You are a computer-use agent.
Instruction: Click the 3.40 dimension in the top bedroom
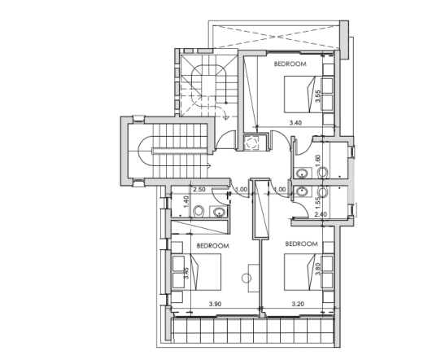[x=295, y=123]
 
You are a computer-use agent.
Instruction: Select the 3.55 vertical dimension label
[x=318, y=96]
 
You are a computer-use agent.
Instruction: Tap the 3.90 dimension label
[x=215, y=304]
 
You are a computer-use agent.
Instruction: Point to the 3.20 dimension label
[x=298, y=304]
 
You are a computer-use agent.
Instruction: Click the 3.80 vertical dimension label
[x=318, y=269]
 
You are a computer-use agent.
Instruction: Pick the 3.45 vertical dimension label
[x=186, y=273]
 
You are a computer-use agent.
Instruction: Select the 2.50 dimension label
[x=199, y=190]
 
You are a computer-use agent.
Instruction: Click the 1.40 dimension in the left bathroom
[x=186, y=202]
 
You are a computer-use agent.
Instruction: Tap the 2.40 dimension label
[x=321, y=214]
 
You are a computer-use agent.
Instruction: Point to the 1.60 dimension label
[x=318, y=161]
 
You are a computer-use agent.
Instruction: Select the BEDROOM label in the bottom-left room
[x=213, y=246]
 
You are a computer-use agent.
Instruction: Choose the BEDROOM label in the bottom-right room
[x=302, y=244]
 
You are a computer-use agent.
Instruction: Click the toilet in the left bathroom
[x=199, y=212]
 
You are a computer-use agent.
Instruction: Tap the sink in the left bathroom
[x=219, y=212]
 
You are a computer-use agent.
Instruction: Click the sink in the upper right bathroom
[x=302, y=173]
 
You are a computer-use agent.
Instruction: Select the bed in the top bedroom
[x=303, y=94]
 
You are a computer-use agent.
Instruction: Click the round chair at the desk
[x=247, y=278]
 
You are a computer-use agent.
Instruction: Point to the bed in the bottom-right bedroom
[x=303, y=271]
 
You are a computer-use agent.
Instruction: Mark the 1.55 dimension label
[x=318, y=202]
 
